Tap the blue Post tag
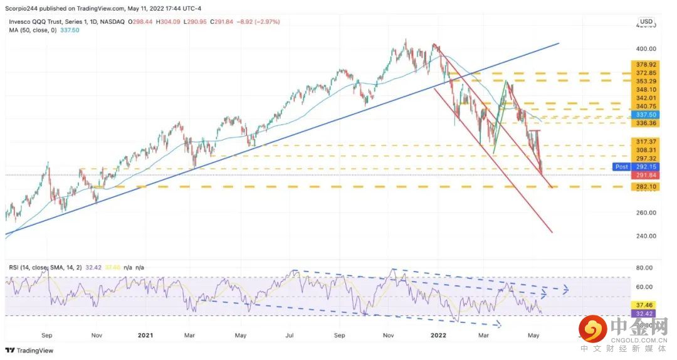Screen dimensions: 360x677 tap(621, 167)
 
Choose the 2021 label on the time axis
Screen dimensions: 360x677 tap(145, 335)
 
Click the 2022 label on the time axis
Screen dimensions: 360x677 tap(438, 335)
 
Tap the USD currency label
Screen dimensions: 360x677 tap(646, 21)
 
